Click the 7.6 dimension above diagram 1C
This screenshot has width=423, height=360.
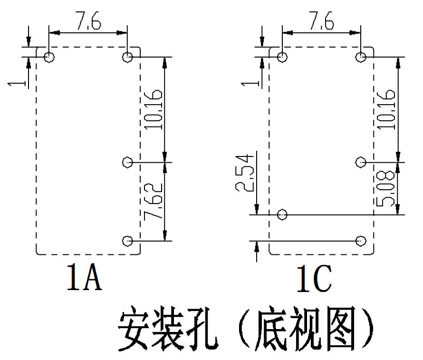click(321, 21)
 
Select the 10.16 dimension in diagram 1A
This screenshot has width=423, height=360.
click(154, 110)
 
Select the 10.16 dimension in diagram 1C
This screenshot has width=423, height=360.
click(387, 110)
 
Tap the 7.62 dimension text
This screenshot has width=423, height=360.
click(154, 202)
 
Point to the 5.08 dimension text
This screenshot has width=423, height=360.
click(387, 188)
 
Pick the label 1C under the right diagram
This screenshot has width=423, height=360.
click(314, 279)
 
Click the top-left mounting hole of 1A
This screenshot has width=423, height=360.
click(49, 57)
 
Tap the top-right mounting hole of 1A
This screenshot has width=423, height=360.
click(127, 57)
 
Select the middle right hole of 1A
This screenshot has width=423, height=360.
click(127, 163)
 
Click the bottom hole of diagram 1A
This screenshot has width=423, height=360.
click(127, 241)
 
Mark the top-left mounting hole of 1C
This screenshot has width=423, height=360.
click(282, 57)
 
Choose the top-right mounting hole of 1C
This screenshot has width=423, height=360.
click(361, 57)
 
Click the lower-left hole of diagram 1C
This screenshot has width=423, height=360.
click(282, 214)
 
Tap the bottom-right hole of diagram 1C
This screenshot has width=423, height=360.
click(361, 240)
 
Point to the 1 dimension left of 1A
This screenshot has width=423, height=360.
click(18, 83)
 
